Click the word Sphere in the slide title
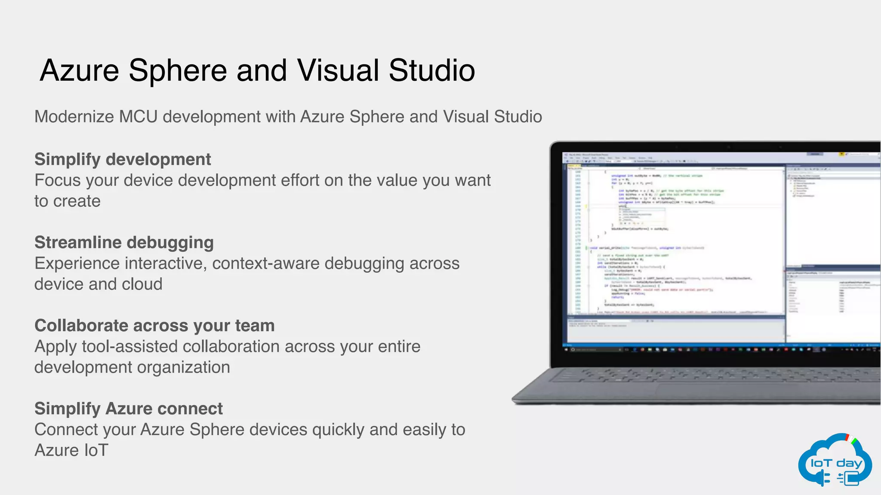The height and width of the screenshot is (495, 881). (x=177, y=71)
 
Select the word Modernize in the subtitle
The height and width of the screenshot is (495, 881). (x=74, y=117)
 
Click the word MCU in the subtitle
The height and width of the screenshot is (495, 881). (x=139, y=117)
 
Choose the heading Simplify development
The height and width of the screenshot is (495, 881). (x=123, y=159)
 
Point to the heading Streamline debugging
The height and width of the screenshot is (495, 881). (x=124, y=243)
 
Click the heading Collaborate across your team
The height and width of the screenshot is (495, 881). (x=154, y=326)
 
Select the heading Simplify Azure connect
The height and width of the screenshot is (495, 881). (x=128, y=409)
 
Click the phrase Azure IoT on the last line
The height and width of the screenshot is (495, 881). (x=71, y=450)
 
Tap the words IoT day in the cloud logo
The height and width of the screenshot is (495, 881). (x=836, y=463)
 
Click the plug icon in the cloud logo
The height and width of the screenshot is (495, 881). (x=823, y=477)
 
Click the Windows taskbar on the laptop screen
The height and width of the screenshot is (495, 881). (x=718, y=350)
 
